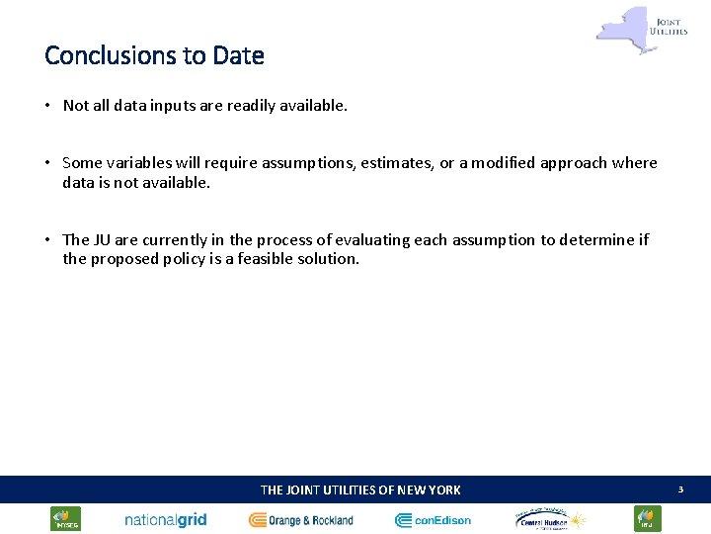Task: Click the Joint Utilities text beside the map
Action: click(x=669, y=23)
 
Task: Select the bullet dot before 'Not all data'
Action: click(x=47, y=105)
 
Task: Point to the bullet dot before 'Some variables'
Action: click(x=47, y=163)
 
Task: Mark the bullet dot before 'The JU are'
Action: click(x=47, y=240)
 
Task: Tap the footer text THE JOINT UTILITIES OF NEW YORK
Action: click(x=360, y=489)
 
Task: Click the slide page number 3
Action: click(x=679, y=489)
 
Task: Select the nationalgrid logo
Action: click(x=165, y=519)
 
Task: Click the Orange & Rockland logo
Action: click(x=301, y=519)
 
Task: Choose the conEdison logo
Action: click(x=434, y=519)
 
